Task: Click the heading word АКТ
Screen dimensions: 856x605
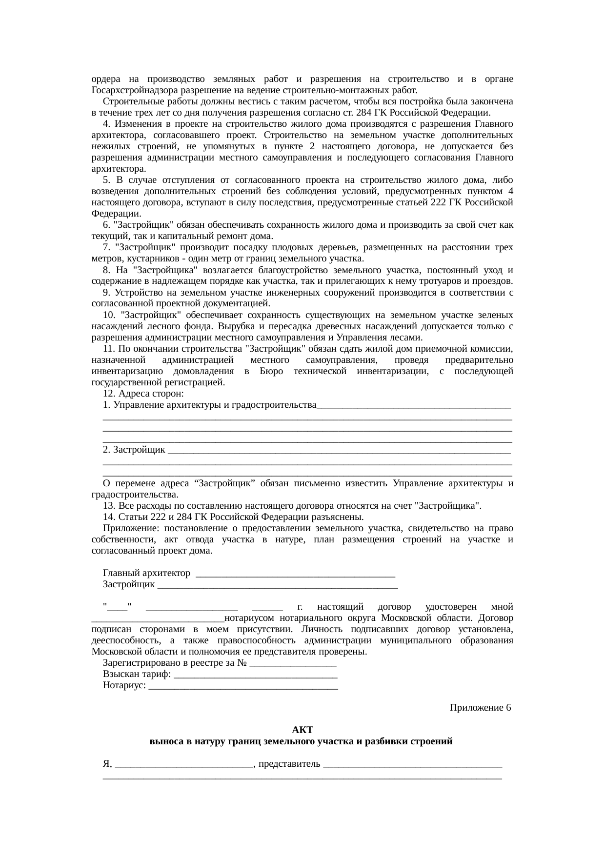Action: point(302,730)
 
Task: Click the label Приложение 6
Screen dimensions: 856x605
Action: point(480,707)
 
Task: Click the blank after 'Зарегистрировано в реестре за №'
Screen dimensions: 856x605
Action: point(293,663)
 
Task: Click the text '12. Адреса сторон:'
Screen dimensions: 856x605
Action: point(143,394)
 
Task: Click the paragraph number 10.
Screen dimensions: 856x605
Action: point(108,315)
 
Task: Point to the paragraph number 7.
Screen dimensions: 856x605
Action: point(106,248)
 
